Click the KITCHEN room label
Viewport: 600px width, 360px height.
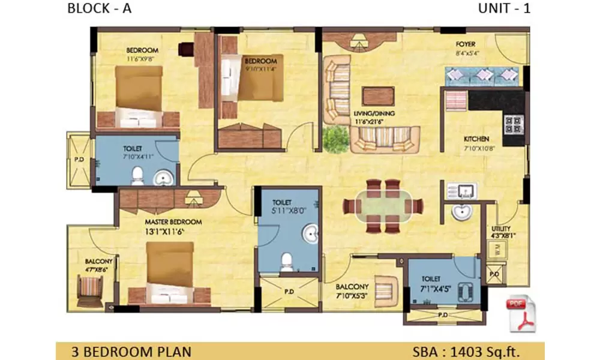click(x=476, y=139)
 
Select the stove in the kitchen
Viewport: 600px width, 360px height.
click(x=513, y=124)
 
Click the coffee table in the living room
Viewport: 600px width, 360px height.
click(x=378, y=96)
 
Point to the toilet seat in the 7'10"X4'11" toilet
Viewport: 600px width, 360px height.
click(x=137, y=175)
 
